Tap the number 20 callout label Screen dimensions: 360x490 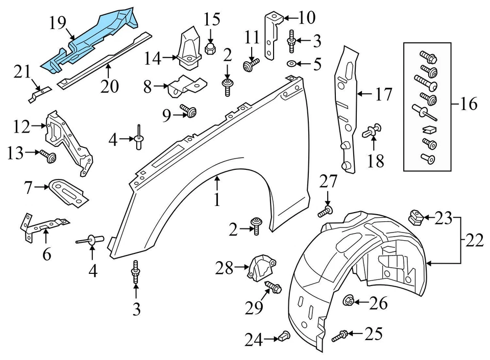click(110, 85)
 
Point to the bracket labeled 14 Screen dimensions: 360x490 click(188, 48)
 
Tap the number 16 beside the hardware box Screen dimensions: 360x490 click(468, 105)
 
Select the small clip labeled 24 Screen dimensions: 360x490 click(284, 337)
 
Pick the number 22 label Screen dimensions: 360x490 click(474, 240)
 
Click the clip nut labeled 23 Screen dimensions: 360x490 click(416, 218)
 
